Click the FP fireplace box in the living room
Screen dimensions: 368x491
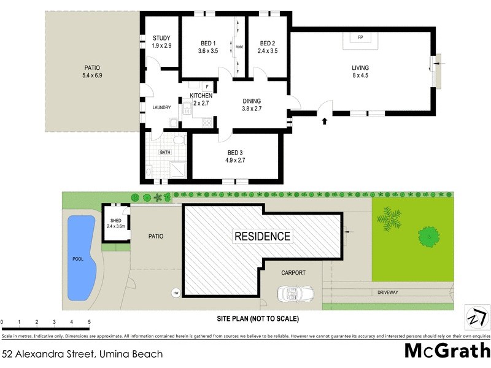[x=360, y=38]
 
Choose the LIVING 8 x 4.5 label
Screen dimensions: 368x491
[x=360, y=72]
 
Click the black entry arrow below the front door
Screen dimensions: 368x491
[x=323, y=121]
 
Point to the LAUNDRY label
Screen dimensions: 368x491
[x=161, y=108]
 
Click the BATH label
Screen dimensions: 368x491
[x=165, y=151]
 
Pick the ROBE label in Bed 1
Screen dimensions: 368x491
[x=240, y=46]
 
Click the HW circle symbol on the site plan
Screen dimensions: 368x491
[x=176, y=292]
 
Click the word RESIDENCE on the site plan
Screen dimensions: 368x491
[x=261, y=236]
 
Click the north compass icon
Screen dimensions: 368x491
[x=477, y=319]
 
